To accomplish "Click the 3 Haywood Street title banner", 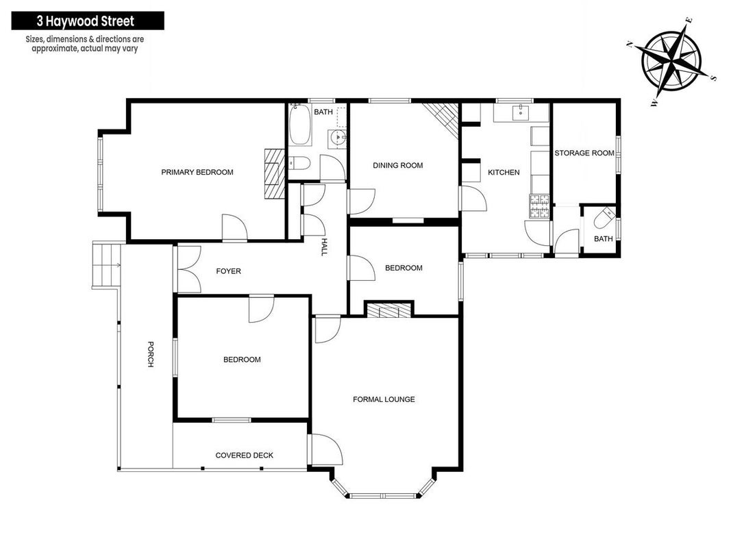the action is coord(88,21).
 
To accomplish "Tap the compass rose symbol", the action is coord(671,60).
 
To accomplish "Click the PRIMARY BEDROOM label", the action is coord(197,172).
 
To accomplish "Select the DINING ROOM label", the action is coord(397,165).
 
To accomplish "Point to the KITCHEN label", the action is coord(504,173).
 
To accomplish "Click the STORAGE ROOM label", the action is coord(584,153).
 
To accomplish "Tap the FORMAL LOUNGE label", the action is coord(384,399).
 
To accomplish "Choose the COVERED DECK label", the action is coord(245,456).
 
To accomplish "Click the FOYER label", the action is coord(228,271).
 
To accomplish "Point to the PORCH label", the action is coord(151,354).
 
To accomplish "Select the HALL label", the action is coord(325,247).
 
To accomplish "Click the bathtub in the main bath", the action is coord(300,125).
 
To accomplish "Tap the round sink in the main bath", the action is coord(337,138).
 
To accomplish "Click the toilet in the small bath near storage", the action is coord(605,218).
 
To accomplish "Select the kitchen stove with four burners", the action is coord(540,206).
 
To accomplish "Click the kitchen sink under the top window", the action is coord(519,112).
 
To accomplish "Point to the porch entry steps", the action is coord(106,265).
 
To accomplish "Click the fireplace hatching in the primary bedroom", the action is coord(275,174).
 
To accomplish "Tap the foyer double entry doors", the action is coord(188,269).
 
